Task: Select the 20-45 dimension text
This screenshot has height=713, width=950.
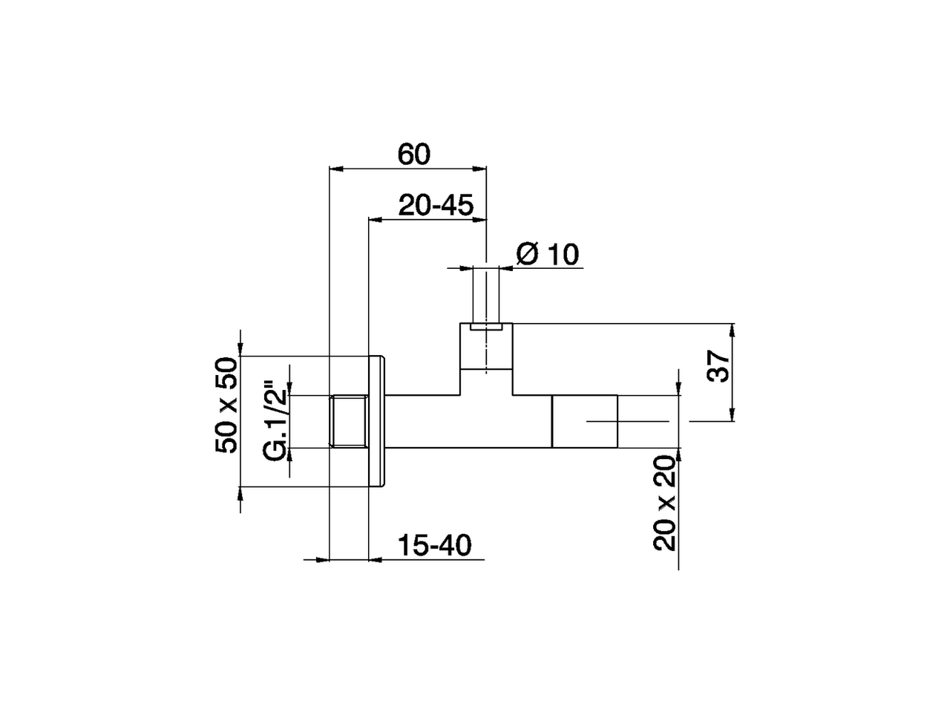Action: click(x=435, y=205)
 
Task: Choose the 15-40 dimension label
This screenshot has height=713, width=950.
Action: click(x=434, y=546)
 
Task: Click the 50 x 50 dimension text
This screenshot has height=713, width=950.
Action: click(x=226, y=405)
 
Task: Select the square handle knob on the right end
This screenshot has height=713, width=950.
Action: click(x=585, y=421)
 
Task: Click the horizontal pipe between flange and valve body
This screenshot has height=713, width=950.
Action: click(x=423, y=421)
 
